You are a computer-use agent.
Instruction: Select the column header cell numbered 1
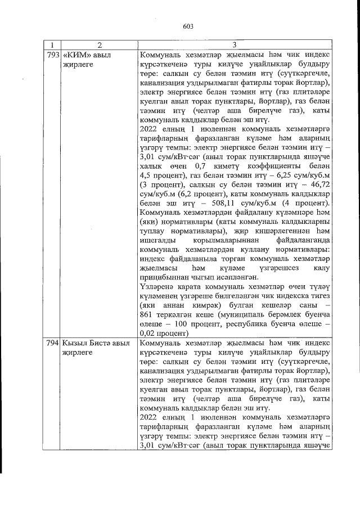[x=51, y=45]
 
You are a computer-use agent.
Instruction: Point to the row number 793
[x=51, y=55]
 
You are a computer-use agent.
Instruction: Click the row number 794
[x=51, y=343]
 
